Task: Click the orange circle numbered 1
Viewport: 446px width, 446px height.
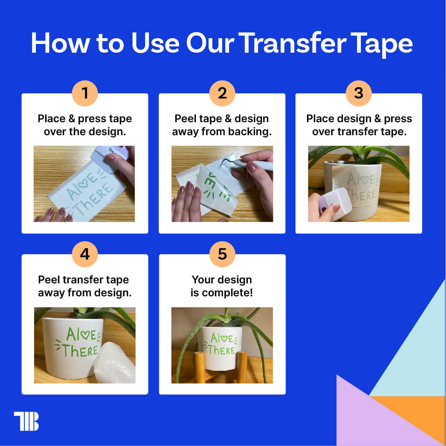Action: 85,93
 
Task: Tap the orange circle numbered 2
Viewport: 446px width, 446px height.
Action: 222,93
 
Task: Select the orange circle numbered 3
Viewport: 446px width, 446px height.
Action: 359,93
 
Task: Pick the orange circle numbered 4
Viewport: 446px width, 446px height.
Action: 85,254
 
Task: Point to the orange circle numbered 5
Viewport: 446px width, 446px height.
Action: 222,254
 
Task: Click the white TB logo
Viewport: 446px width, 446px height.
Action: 26,421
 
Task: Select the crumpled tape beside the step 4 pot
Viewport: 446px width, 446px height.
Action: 115,363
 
